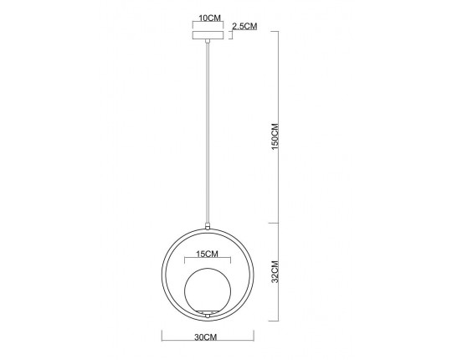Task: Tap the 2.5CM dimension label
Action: [244, 26]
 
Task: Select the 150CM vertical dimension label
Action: [275, 136]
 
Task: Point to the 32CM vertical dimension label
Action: [275, 272]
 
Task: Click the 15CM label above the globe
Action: [208, 254]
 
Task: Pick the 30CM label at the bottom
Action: [206, 337]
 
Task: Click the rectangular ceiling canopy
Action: [208, 35]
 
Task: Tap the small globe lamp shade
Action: [208, 291]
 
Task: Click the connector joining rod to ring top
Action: [208, 226]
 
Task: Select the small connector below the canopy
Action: [208, 41]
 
